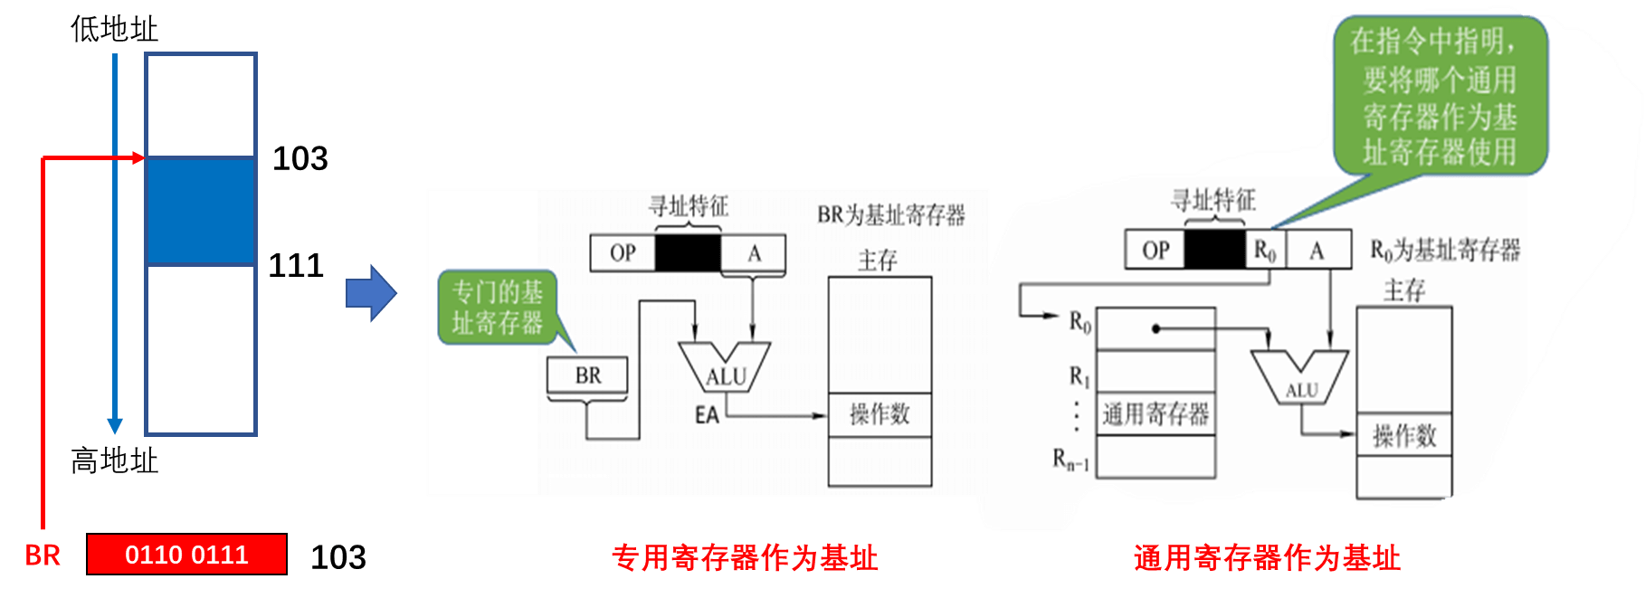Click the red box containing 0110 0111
[186, 555]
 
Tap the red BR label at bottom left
[43, 555]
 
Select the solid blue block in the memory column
[200, 211]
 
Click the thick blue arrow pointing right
[371, 293]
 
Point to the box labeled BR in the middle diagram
[587, 375]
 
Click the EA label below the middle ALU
[707, 415]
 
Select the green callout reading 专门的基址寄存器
[497, 308]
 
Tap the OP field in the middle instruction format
[623, 253]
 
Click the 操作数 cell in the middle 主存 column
[880, 414]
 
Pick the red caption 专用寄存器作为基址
[745, 558]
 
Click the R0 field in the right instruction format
[1265, 250]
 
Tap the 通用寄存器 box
[1155, 414]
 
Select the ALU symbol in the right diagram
[1300, 377]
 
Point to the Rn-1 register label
[1070, 460]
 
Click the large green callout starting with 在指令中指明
[1439, 96]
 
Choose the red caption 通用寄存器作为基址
[1267, 558]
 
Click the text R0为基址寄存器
[1445, 250]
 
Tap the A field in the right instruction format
[1317, 250]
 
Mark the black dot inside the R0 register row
[1155, 328]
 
